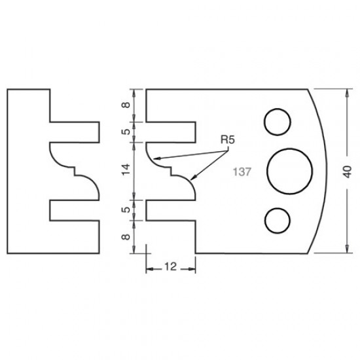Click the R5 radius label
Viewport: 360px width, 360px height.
[x=226, y=139]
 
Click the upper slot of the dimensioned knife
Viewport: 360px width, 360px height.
[x=171, y=132]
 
